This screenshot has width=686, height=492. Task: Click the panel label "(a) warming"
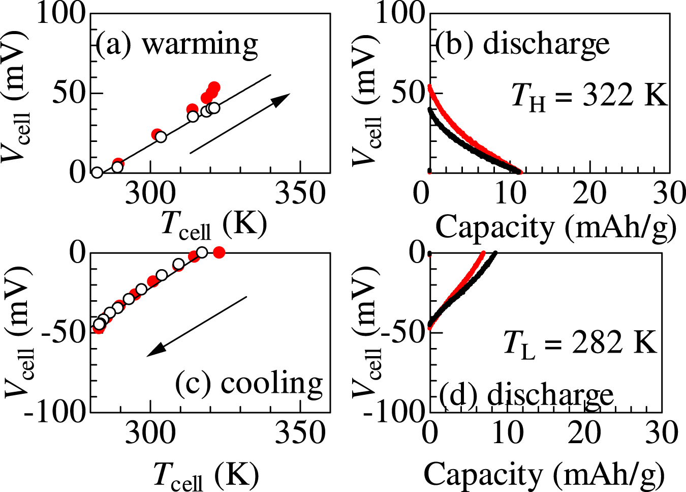click(x=177, y=45)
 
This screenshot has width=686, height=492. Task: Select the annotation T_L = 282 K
click(x=580, y=342)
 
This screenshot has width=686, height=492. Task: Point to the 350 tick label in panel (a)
click(x=300, y=195)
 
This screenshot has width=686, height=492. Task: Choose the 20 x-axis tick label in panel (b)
click(x=589, y=194)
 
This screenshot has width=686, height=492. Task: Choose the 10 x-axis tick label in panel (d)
click(x=507, y=434)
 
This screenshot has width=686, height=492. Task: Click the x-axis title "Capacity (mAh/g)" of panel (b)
click(x=555, y=227)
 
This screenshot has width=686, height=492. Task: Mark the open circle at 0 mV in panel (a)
click(x=97, y=172)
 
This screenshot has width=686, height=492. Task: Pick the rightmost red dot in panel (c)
click(x=219, y=252)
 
